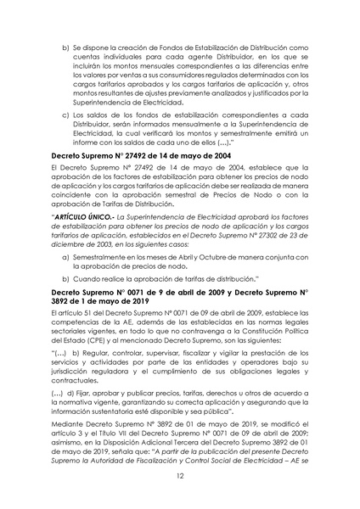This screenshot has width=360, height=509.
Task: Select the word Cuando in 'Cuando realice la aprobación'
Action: click(95, 277)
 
